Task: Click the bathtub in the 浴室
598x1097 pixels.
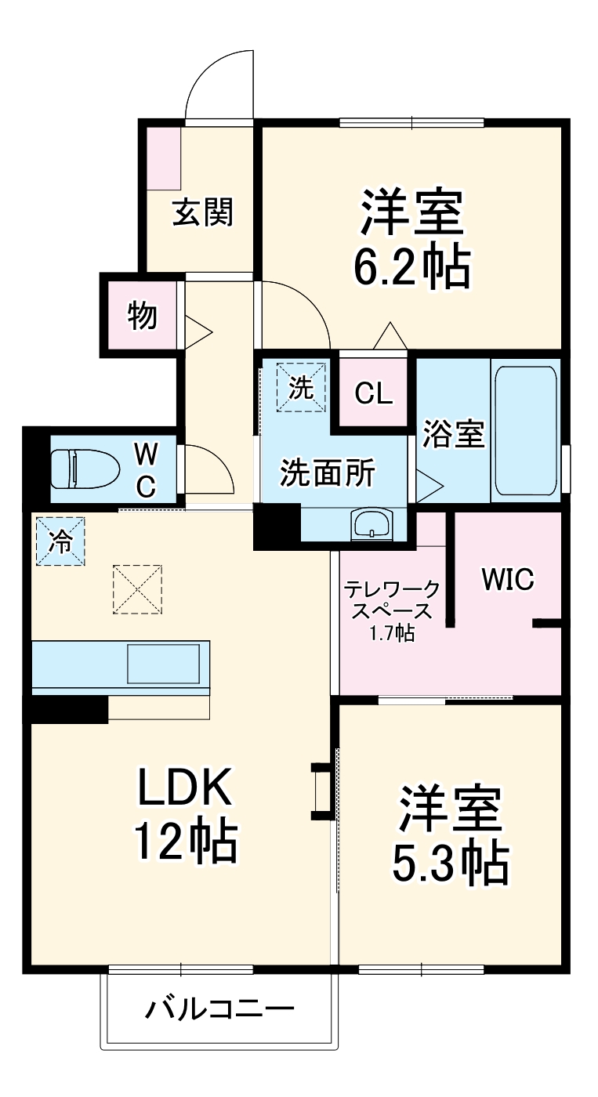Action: click(x=525, y=431)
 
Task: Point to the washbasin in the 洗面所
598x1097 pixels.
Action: click(x=371, y=523)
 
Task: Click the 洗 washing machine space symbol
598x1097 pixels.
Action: click(x=300, y=386)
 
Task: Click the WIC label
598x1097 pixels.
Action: click(x=507, y=581)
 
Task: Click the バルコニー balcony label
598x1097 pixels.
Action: click(x=219, y=1008)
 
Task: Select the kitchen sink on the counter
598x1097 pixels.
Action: click(x=163, y=664)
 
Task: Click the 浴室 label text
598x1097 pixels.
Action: click(x=454, y=433)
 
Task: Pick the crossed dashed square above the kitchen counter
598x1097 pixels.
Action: click(x=138, y=590)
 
